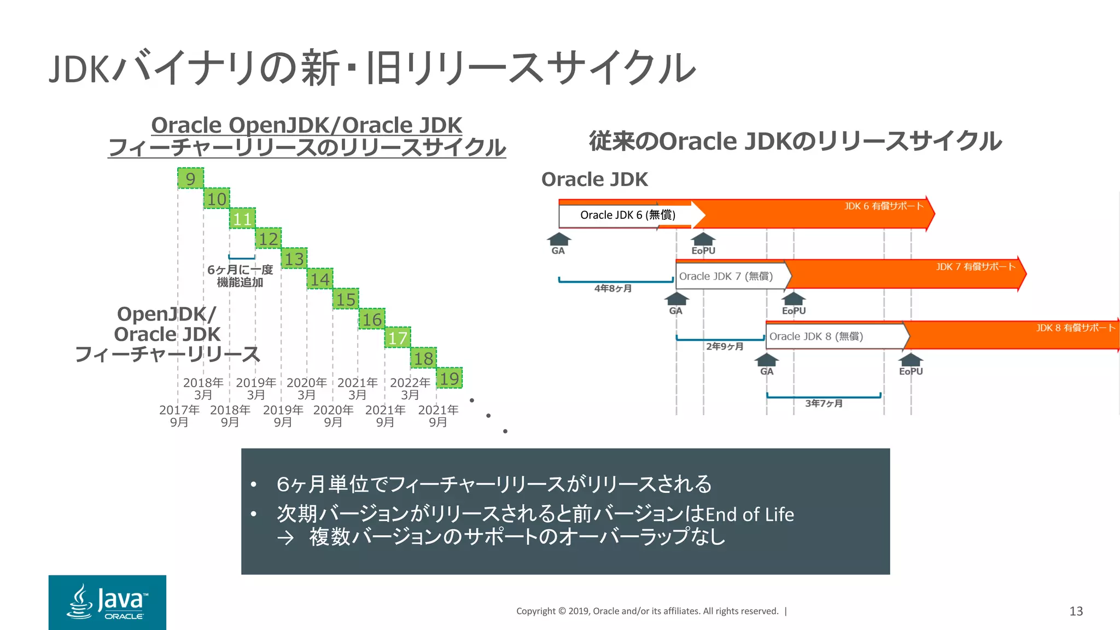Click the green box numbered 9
(x=190, y=178)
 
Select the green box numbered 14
(x=320, y=279)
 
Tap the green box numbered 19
(x=450, y=378)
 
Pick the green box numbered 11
(x=242, y=219)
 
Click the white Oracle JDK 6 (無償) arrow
(x=627, y=215)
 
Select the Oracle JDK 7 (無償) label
(x=726, y=276)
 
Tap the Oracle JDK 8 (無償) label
(x=816, y=336)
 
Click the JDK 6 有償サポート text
(x=883, y=206)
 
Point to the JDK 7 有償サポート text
(x=975, y=267)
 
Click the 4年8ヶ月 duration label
(x=613, y=288)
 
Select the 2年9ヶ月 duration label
(x=725, y=346)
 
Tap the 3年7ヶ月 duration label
(x=824, y=404)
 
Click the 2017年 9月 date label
(x=179, y=416)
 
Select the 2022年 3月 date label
(x=410, y=388)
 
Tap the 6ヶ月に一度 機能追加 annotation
(x=240, y=276)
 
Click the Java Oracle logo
(x=107, y=602)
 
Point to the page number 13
(x=1076, y=611)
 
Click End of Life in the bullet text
(x=749, y=515)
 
